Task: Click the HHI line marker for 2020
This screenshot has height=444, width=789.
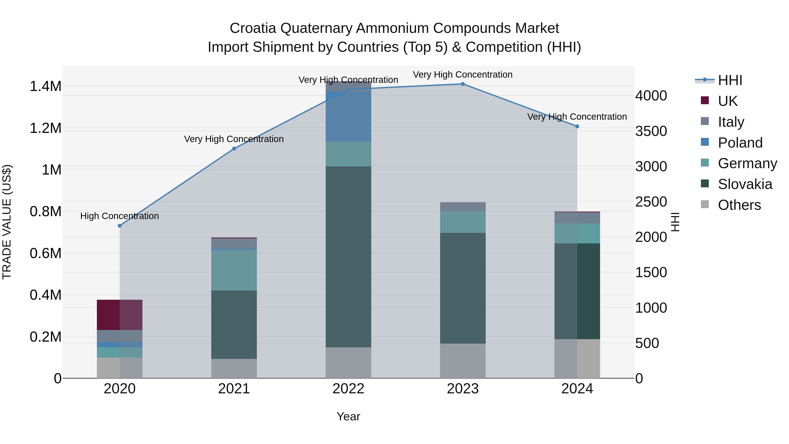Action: (x=120, y=226)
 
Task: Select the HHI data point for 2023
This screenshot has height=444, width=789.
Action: (x=463, y=84)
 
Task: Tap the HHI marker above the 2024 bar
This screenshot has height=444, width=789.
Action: (x=577, y=126)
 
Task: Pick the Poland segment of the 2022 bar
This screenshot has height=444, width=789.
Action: (x=348, y=116)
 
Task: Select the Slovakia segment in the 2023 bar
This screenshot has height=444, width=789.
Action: (x=463, y=288)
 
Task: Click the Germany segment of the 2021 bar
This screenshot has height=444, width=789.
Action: (x=234, y=270)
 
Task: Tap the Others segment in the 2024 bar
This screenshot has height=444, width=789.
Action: (x=577, y=358)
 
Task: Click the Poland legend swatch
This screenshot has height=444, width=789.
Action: (x=705, y=142)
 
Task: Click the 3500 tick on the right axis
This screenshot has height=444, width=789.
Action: (x=651, y=131)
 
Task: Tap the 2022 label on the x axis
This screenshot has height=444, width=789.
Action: (x=348, y=389)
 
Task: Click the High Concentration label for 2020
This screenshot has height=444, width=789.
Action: (x=119, y=216)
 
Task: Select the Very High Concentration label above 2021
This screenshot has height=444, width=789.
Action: (x=234, y=139)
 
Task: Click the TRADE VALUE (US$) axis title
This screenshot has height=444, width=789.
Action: (x=7, y=222)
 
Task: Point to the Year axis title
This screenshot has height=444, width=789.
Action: (x=348, y=416)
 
